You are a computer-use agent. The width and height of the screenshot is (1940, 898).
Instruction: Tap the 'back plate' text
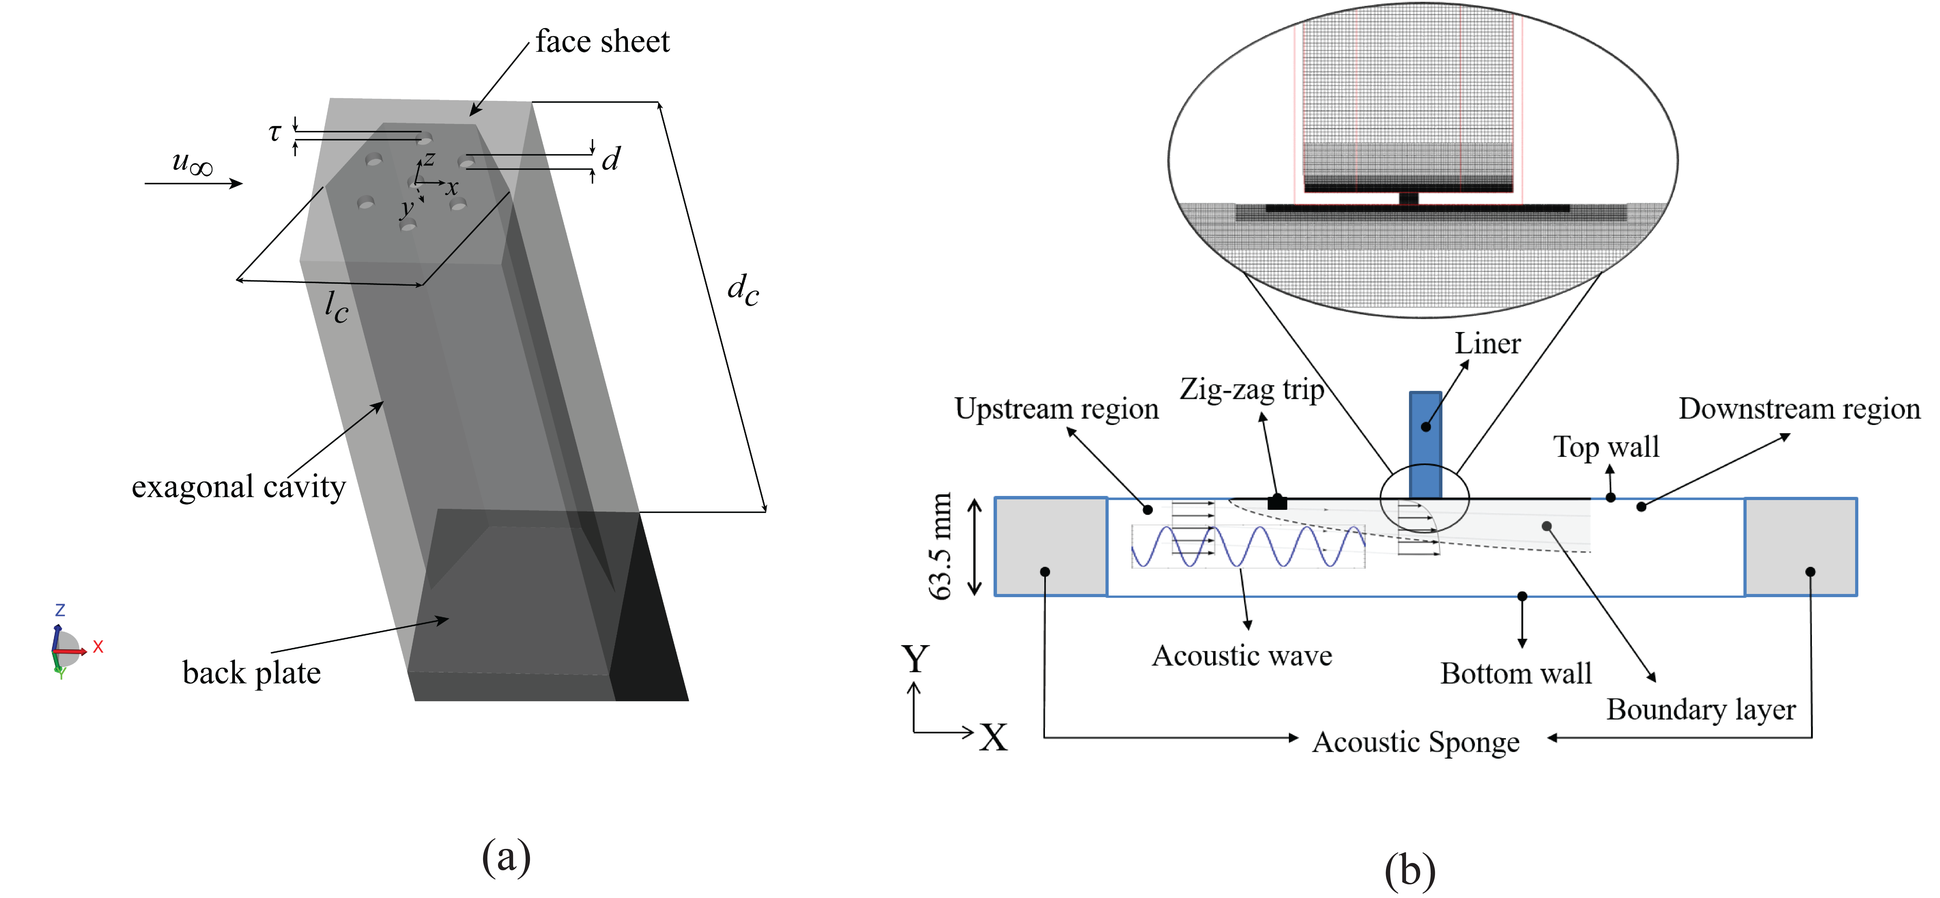click(x=252, y=672)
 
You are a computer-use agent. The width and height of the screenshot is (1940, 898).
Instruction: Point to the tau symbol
click(x=275, y=133)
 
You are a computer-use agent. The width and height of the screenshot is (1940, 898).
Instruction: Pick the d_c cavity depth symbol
click(x=743, y=289)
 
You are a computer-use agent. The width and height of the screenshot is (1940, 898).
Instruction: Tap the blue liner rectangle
click(x=1425, y=444)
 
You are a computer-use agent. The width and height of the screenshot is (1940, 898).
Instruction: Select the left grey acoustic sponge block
click(x=1051, y=546)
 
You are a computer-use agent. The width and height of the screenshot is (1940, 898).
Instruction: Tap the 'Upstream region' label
click(x=1057, y=409)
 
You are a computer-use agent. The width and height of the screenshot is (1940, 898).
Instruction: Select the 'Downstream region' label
click(x=1799, y=409)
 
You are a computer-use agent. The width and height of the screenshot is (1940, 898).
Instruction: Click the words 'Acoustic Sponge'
click(x=1416, y=742)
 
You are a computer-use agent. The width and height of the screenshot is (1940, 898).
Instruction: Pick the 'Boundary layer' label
click(x=1700, y=709)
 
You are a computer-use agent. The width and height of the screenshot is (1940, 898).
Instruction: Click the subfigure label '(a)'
click(x=506, y=857)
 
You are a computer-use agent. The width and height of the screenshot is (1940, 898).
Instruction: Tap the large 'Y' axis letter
click(x=915, y=659)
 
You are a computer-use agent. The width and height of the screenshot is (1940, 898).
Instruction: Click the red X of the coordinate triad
click(x=98, y=646)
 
